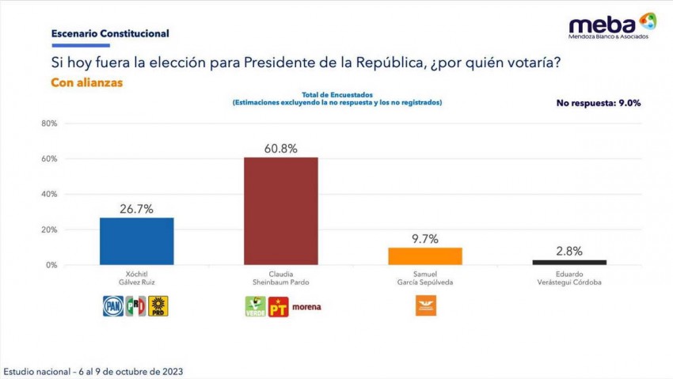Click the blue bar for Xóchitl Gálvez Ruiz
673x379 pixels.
(x=136, y=241)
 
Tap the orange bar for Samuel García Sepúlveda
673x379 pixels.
(x=425, y=256)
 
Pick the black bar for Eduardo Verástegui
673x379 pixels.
(x=569, y=262)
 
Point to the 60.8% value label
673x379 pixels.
(x=281, y=149)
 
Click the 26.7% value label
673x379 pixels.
(x=136, y=209)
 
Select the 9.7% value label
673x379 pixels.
(x=425, y=239)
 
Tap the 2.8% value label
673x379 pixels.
(x=569, y=251)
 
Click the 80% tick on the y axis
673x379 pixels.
(x=49, y=124)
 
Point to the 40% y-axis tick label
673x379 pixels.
(x=49, y=195)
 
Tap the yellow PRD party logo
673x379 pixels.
(x=159, y=306)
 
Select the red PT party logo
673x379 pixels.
(x=278, y=306)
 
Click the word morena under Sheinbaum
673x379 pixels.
(x=306, y=307)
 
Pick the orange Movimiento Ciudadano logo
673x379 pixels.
(x=425, y=305)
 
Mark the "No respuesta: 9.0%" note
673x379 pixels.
(x=598, y=103)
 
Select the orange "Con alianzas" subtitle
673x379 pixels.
(x=86, y=82)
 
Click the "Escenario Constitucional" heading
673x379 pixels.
(x=110, y=34)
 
